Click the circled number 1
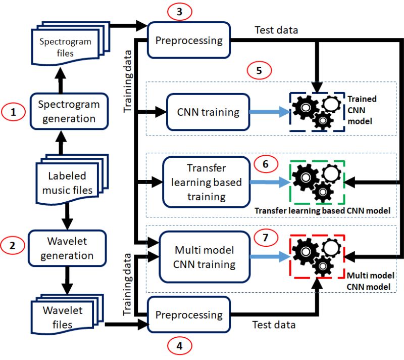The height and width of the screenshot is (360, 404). [14, 112]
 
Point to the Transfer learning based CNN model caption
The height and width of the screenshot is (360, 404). [323, 210]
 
